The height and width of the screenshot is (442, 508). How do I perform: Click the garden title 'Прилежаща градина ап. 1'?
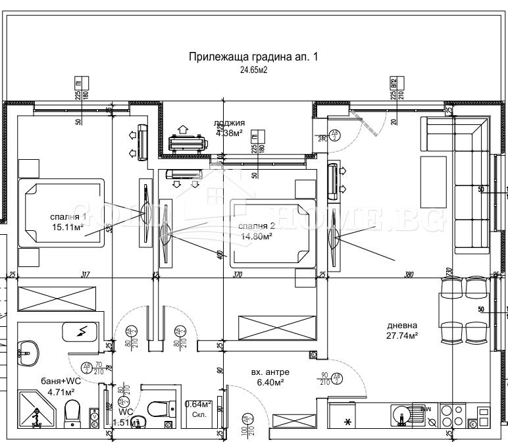[253, 57]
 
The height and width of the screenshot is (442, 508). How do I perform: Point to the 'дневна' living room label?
[402, 325]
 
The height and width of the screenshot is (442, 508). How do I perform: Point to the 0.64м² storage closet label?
[198, 405]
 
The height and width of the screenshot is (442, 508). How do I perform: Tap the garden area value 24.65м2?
[253, 69]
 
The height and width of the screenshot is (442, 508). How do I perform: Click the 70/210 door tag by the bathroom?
[89, 368]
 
